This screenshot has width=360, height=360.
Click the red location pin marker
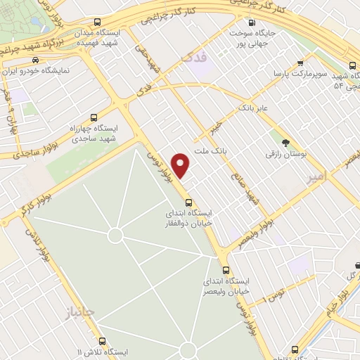click(181, 164)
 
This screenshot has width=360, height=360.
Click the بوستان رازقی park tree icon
click(285, 142)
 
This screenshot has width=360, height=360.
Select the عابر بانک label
click(254, 109)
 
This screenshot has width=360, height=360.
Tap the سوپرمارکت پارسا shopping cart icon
click(301, 63)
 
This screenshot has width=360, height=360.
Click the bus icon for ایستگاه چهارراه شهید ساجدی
click(94, 117)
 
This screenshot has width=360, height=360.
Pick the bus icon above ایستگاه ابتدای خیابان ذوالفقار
click(188, 202)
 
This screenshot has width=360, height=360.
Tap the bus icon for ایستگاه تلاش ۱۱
click(102, 341)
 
